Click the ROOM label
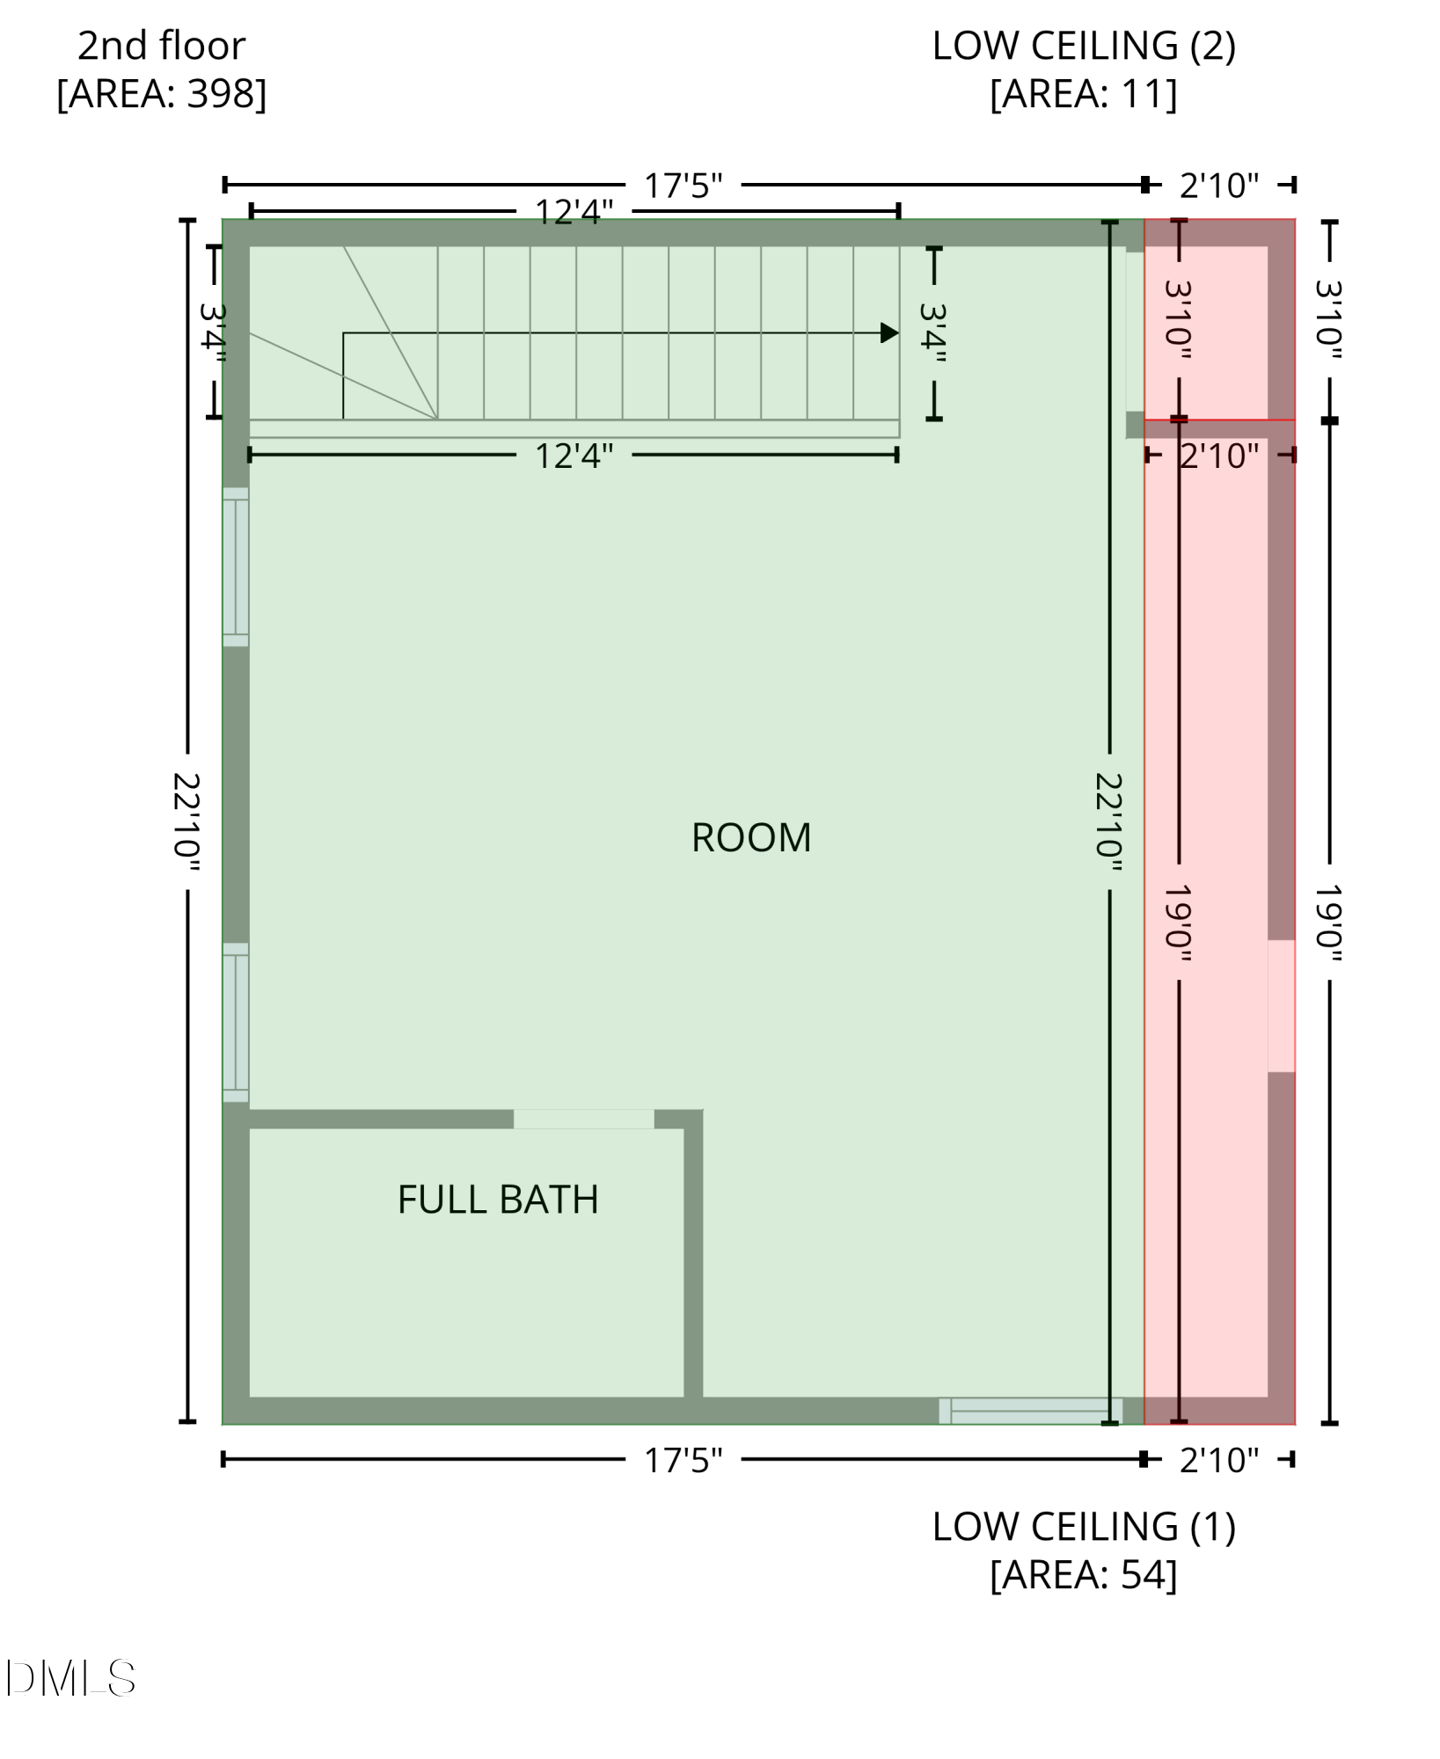pos(751,837)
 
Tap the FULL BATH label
pos(498,1200)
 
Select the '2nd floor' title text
pos(162,46)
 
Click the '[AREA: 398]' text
pos(162,93)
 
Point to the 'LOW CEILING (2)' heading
pos(1084,46)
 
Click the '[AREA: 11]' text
pos(1084,93)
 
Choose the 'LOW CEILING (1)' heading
pos(1084,1527)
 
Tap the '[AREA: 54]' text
pos(1084,1574)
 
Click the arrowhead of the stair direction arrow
pos(889,333)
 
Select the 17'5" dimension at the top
pos(683,186)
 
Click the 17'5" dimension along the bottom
pos(683,1460)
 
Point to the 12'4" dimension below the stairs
pos(574,456)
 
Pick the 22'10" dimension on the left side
pos(187,821)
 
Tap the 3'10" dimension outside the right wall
pos(1329,320)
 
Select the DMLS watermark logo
pos(70,1678)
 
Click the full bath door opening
pos(583,1119)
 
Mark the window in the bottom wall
pos(1030,1411)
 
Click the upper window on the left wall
pos(236,567)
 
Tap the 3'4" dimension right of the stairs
pos(934,333)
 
